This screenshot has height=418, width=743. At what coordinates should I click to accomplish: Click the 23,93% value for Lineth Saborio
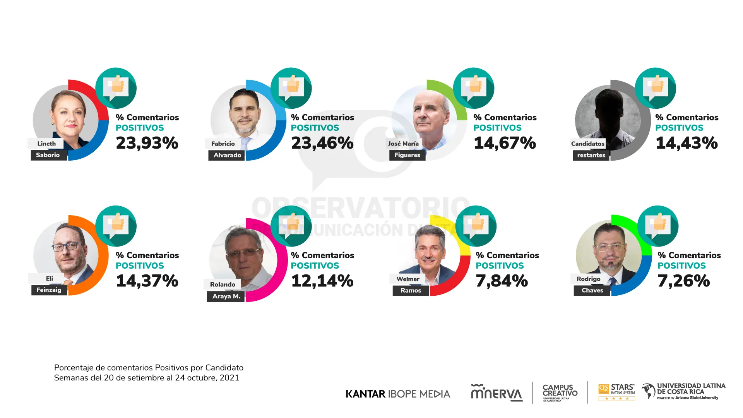click(x=147, y=143)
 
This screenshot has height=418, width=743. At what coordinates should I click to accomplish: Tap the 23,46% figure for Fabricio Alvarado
click(x=322, y=143)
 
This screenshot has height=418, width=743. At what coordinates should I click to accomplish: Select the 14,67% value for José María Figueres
click(x=505, y=143)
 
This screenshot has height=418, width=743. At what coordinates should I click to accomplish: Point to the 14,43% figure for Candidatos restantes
click(x=687, y=143)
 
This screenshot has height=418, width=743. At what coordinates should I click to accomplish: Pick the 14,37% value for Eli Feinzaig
click(x=147, y=281)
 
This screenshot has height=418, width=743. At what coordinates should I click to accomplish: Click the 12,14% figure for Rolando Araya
click(x=322, y=281)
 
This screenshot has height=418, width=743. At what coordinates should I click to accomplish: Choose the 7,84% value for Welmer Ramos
click(x=502, y=281)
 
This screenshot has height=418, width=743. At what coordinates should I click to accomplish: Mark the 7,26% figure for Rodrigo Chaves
click(x=684, y=281)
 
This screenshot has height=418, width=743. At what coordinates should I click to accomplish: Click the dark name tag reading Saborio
click(x=48, y=155)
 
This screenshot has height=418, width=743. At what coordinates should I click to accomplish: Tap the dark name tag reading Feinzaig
click(x=49, y=290)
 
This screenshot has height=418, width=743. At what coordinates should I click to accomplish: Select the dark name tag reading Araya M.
click(x=226, y=296)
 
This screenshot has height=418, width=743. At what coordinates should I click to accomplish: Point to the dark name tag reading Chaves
click(x=592, y=290)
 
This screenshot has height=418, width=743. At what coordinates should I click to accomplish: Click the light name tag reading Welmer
click(x=408, y=279)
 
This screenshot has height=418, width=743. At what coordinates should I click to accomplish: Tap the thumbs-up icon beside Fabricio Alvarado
click(x=291, y=88)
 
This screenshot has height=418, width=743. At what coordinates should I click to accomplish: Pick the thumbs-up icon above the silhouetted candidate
click(x=656, y=88)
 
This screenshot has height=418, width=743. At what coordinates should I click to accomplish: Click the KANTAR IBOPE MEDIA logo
click(x=398, y=394)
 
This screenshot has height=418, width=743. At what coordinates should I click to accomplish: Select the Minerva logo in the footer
click(x=496, y=393)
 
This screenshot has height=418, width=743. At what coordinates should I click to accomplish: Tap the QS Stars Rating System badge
click(x=617, y=392)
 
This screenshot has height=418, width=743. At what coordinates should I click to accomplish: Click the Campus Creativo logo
click(x=560, y=392)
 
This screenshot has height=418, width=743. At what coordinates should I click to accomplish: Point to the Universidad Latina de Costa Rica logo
click(x=684, y=391)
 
